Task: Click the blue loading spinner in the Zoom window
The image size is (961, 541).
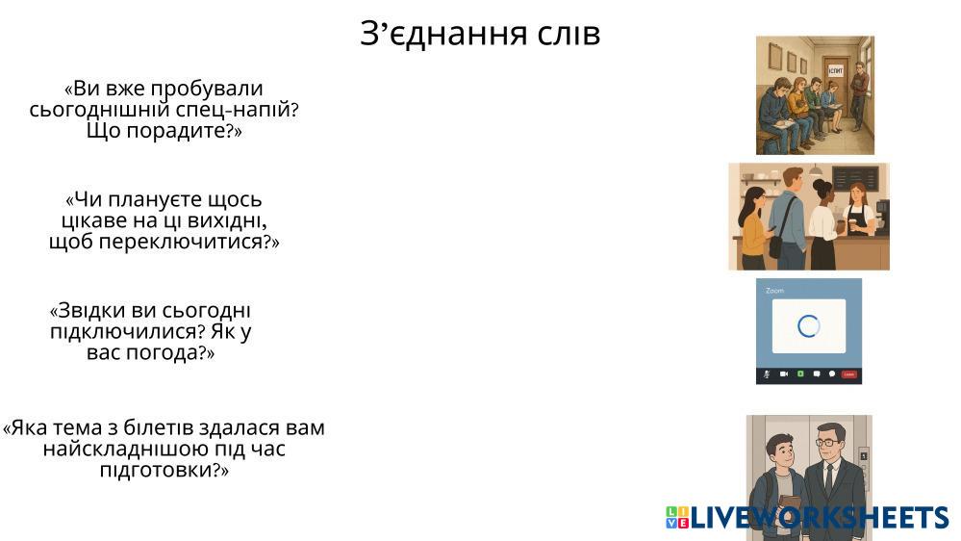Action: (x=808, y=326)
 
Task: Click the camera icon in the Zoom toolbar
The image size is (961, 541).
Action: (x=784, y=374)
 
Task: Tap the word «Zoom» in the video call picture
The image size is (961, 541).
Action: (x=774, y=290)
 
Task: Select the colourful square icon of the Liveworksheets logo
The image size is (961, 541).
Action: (x=677, y=518)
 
